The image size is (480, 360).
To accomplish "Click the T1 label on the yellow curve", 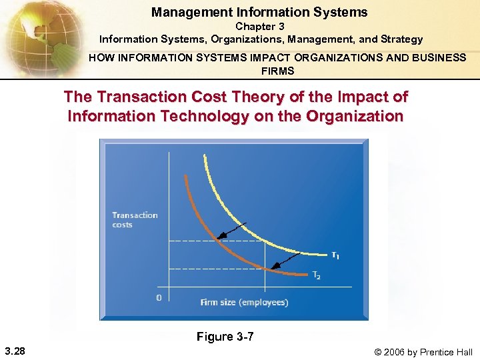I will [x=335, y=255].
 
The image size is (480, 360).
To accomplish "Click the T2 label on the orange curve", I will [x=317, y=276].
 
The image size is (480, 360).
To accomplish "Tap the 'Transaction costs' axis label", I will [x=135, y=219].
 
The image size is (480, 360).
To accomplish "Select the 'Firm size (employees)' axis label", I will [x=244, y=302].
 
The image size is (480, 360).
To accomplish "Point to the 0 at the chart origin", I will [x=158, y=297].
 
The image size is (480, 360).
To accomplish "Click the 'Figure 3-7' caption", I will [x=225, y=337].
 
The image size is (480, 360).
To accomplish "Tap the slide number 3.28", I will [x=15, y=351].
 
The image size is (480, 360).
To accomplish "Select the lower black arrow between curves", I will [x=285, y=261].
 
